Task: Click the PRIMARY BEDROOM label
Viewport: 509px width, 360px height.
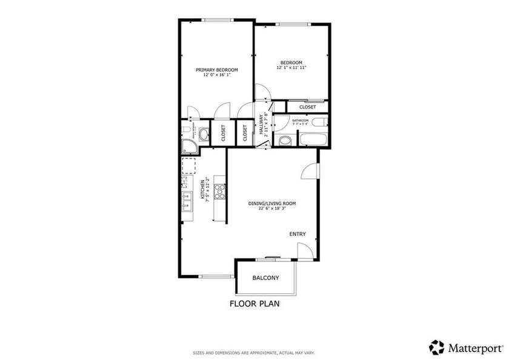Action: coord(216,70)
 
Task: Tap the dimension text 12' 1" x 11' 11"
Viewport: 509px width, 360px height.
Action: coord(291,67)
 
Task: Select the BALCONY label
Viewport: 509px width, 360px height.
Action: coord(265,278)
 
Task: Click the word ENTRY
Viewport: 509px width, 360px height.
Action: coord(298,234)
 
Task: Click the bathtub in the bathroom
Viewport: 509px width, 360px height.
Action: coord(313,139)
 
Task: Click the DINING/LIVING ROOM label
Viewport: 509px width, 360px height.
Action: coord(272,204)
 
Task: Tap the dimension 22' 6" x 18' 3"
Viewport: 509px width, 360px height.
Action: coord(272,209)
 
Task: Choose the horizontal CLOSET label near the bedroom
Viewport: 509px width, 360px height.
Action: coord(307,107)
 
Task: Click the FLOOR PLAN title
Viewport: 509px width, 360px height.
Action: coord(254,304)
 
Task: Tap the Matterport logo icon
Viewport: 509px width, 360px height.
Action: coord(436,347)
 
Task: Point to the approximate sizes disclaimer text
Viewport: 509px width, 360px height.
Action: coord(254,352)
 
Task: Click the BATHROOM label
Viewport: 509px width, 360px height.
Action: coord(300,121)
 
